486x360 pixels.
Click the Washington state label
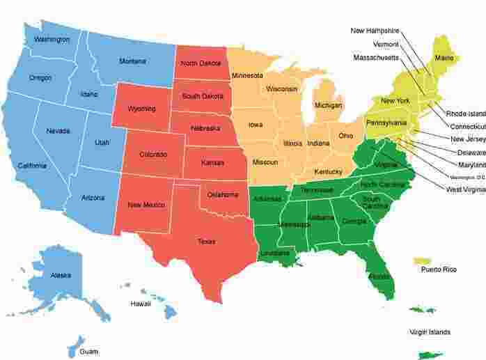(x=52, y=40)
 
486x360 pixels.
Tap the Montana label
(x=132, y=61)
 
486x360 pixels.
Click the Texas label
(x=206, y=242)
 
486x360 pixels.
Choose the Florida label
(x=380, y=276)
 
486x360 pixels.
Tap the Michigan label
(x=329, y=105)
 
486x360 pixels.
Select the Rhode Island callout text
(x=466, y=113)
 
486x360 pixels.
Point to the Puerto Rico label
(x=439, y=269)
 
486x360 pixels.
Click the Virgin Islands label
(x=430, y=332)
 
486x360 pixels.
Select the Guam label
(x=89, y=352)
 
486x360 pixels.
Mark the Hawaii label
(x=140, y=304)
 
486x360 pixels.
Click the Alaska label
(x=61, y=276)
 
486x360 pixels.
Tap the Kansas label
(x=212, y=162)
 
